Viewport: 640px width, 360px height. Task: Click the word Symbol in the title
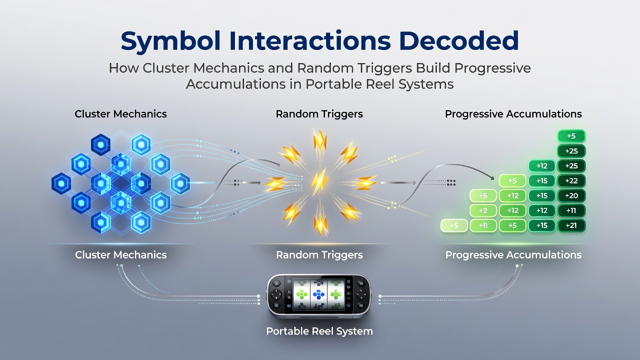click(x=170, y=41)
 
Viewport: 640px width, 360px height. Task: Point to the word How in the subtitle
click(x=123, y=68)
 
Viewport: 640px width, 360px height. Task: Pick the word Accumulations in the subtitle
click(x=235, y=84)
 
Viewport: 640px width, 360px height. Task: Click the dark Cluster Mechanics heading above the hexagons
click(x=120, y=114)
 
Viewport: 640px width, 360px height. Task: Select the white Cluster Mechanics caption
click(x=120, y=255)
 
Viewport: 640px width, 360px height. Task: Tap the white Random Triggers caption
click(x=319, y=255)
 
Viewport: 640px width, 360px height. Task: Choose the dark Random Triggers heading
click(x=319, y=114)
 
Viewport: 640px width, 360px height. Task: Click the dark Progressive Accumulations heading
click(x=513, y=114)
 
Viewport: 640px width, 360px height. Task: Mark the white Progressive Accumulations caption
click(x=513, y=255)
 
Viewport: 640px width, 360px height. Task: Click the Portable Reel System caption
click(x=319, y=331)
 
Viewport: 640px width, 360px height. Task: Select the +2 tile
click(x=483, y=210)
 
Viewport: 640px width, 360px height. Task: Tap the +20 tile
click(x=571, y=195)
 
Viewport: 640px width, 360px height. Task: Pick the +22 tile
click(x=571, y=181)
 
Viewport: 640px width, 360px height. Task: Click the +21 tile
click(x=571, y=225)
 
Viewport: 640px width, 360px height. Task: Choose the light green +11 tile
click(x=483, y=225)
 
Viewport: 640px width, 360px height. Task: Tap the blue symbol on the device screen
click(x=318, y=294)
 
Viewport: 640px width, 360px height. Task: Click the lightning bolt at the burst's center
click(x=319, y=181)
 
